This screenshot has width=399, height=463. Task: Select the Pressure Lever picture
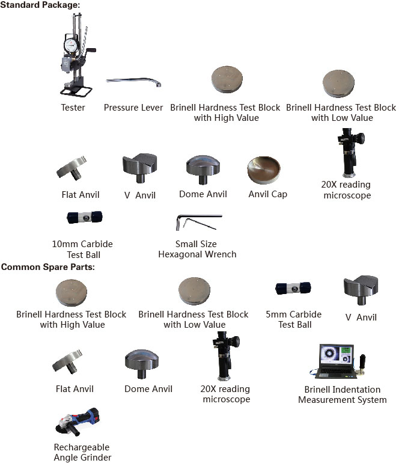click(134, 82)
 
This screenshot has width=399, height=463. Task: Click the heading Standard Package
click(40, 5)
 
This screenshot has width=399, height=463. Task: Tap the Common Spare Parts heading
click(47, 266)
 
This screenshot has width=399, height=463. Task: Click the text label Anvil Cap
click(267, 194)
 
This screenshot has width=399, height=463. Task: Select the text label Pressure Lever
click(133, 108)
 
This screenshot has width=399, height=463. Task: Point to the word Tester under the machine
click(73, 108)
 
